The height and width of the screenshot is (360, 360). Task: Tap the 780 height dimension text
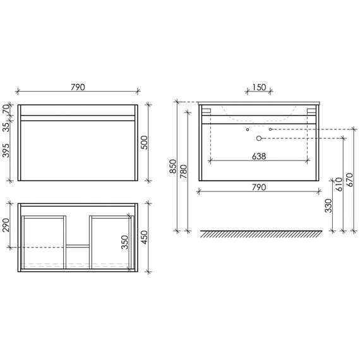(184, 171)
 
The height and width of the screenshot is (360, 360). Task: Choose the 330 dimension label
(328, 207)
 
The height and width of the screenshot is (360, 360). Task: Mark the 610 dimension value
(339, 184)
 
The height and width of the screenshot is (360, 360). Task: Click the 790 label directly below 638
(258, 187)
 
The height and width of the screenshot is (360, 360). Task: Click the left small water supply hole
(248, 129)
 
